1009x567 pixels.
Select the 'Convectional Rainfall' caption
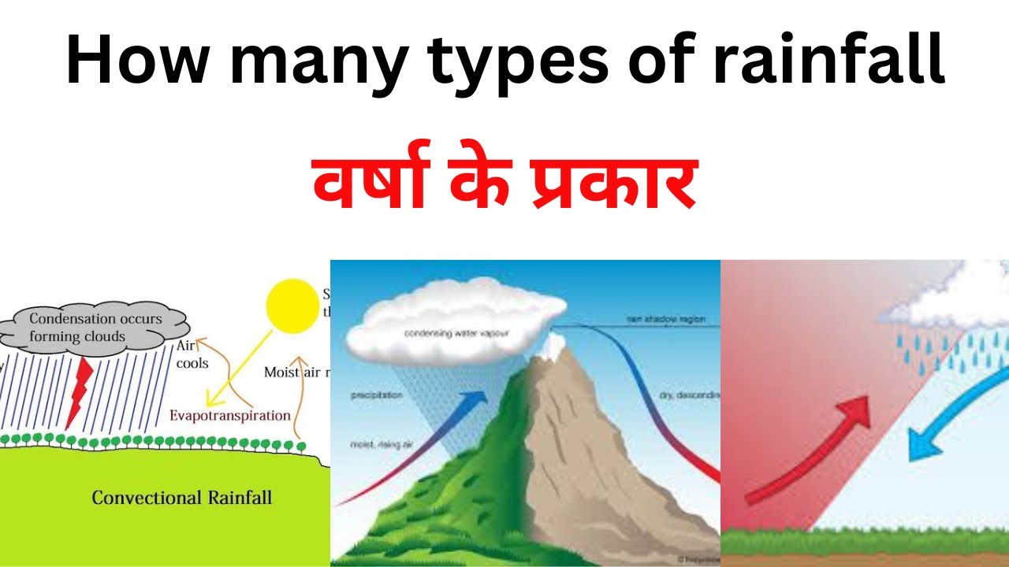[181, 498]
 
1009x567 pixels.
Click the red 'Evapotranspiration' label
[230, 415]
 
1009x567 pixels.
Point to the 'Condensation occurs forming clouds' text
[95, 328]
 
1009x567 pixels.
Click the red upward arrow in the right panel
[812, 449]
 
